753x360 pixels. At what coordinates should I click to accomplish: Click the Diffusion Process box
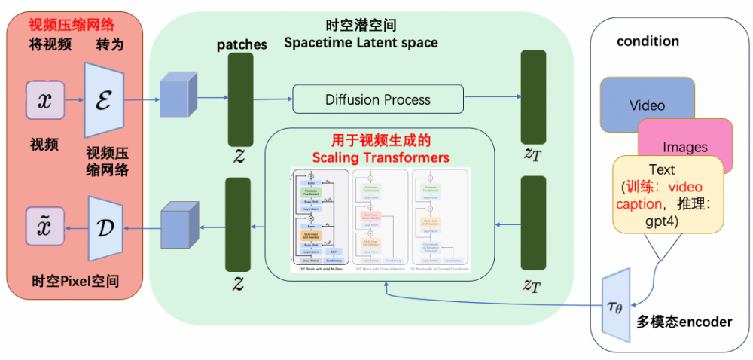(377, 99)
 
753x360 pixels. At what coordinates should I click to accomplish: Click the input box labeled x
(45, 101)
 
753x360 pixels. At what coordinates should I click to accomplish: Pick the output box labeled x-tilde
(45, 225)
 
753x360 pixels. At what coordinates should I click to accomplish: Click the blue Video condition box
(647, 105)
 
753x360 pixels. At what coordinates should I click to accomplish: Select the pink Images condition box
(684, 146)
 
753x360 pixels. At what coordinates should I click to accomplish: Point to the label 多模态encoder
(684, 322)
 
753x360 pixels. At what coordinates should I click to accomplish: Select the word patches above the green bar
(242, 44)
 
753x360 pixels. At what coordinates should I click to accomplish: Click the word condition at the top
(648, 41)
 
